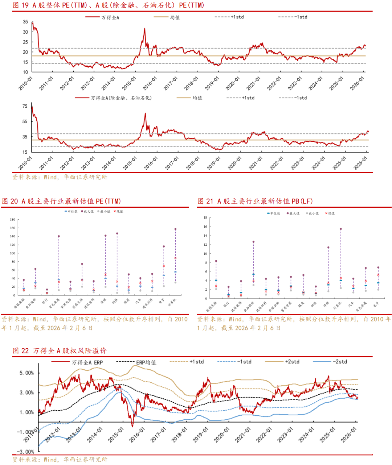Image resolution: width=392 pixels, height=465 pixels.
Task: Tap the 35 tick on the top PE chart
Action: [x=25, y=22]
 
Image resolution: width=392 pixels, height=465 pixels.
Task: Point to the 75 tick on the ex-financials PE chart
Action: [x=25, y=106]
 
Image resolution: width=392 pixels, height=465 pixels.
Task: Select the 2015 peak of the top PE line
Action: [x=144, y=29]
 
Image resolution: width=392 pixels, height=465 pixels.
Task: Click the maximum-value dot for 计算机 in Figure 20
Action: [x=175, y=229]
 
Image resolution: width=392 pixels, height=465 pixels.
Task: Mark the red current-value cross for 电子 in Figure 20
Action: [x=164, y=266]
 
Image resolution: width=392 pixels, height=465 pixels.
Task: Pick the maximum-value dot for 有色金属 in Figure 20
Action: [x=59, y=236]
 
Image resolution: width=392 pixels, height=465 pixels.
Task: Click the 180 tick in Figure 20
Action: [x=13, y=220]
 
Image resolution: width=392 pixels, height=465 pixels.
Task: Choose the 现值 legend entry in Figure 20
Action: [x=119, y=211]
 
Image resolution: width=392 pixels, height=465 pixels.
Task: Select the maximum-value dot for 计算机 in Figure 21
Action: [x=341, y=229]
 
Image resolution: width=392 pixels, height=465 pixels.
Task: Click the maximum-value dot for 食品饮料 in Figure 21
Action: [x=253, y=242]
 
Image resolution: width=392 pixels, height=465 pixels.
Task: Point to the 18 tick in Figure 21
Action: [x=205, y=218]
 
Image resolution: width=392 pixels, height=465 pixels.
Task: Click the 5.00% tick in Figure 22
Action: [x=26, y=373]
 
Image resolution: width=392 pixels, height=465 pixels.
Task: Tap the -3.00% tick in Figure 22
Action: [x=26, y=452]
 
